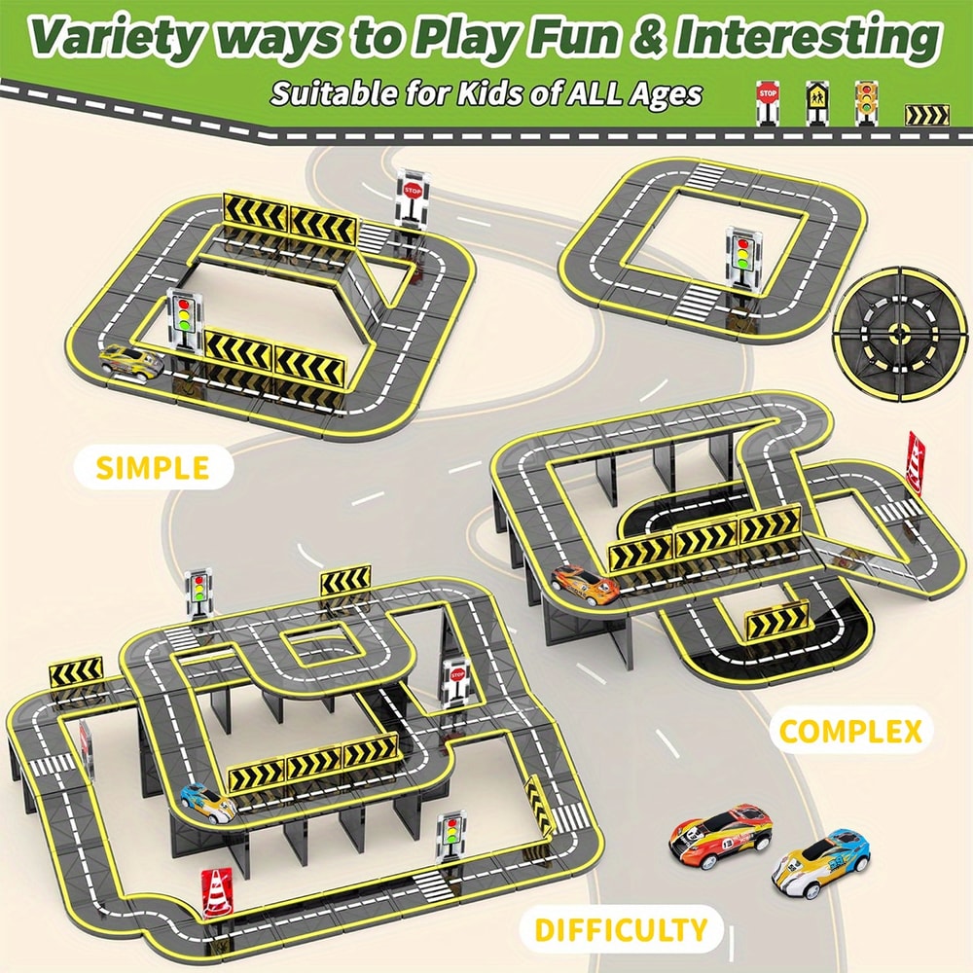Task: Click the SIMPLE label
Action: [x=152, y=468]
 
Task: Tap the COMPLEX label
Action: [x=850, y=731]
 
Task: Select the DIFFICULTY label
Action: [x=620, y=928]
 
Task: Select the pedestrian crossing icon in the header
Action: [x=815, y=98]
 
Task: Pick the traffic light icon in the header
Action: [x=863, y=98]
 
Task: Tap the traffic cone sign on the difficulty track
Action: [x=215, y=889]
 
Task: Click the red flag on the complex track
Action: [x=916, y=455]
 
